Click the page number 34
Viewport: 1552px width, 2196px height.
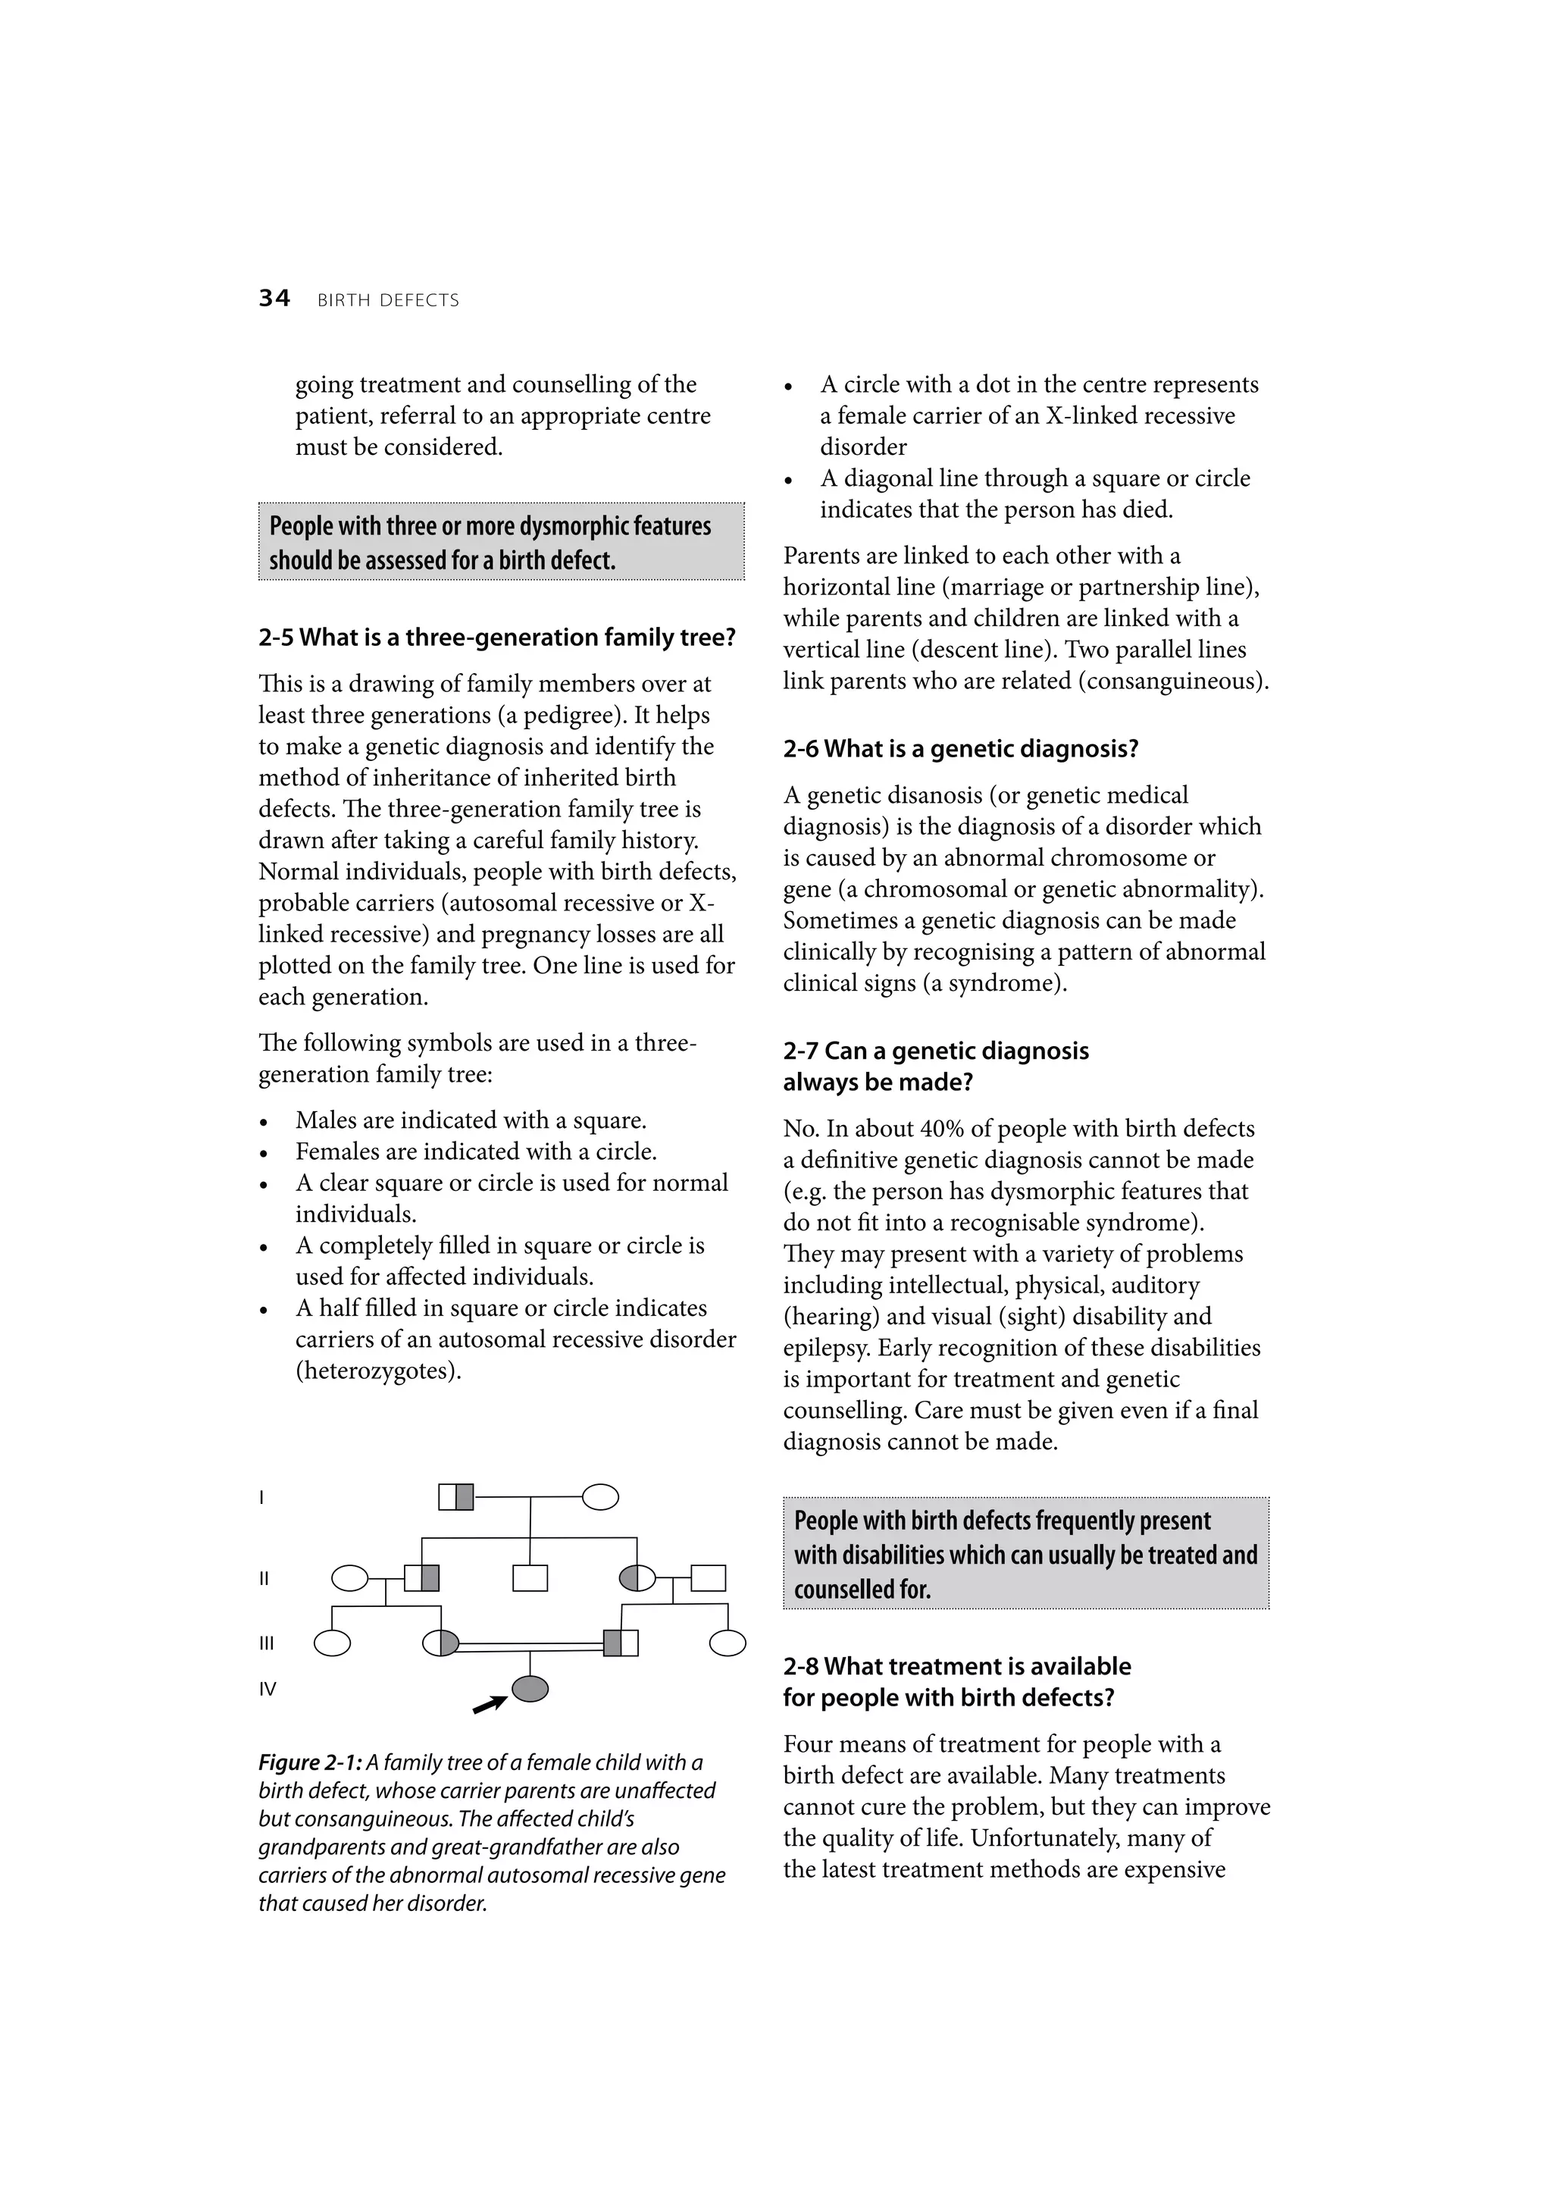point(274,299)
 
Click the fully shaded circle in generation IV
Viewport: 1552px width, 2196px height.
point(530,1689)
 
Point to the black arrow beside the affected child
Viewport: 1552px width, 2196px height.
point(490,1704)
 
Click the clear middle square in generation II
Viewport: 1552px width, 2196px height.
point(530,1577)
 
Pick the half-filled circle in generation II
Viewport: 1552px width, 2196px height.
point(638,1577)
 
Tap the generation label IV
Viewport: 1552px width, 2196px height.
point(268,1689)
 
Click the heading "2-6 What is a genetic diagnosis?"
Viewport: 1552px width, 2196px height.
point(960,749)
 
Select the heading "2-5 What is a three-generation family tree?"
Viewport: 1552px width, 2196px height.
point(496,638)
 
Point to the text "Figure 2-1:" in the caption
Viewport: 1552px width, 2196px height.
point(310,1762)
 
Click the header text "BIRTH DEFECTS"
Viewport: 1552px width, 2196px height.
point(388,300)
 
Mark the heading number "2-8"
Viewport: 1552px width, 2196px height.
point(800,1666)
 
